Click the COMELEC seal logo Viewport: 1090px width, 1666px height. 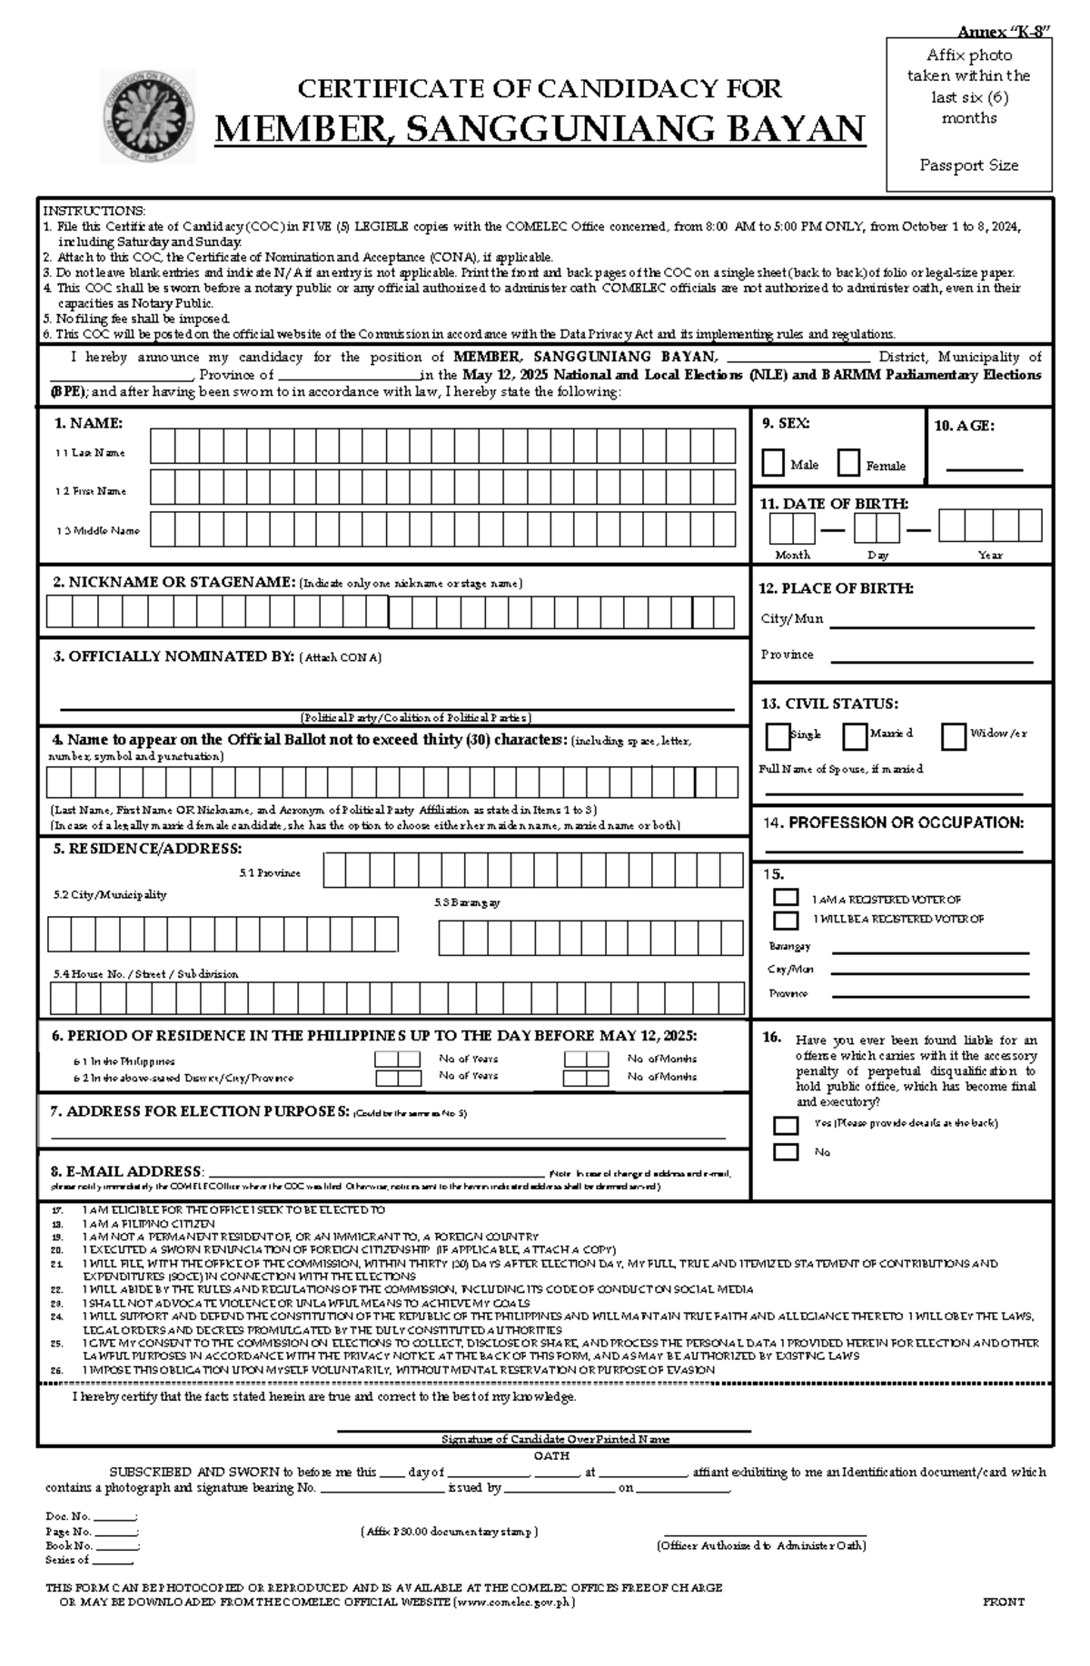tap(146, 116)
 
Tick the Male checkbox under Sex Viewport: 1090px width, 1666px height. tap(773, 463)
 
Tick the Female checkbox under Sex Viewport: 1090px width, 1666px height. tap(848, 463)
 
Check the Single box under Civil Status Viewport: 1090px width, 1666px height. tap(778, 736)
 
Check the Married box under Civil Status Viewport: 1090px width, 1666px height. tap(854, 736)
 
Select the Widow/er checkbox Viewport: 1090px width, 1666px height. tap(953, 736)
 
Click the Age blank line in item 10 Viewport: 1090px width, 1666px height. tap(984, 468)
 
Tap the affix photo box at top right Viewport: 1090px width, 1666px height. tap(968, 113)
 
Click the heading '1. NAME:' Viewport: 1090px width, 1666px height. tap(88, 423)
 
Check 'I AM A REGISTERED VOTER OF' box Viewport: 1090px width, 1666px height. tap(786, 898)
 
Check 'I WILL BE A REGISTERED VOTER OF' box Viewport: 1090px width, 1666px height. tap(786, 920)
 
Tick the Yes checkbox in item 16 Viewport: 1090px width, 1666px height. tap(786, 1125)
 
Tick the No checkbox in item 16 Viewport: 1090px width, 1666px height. tap(786, 1152)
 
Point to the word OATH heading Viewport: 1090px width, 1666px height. tap(551, 1455)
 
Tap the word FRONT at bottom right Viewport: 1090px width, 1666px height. tap(1003, 1602)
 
